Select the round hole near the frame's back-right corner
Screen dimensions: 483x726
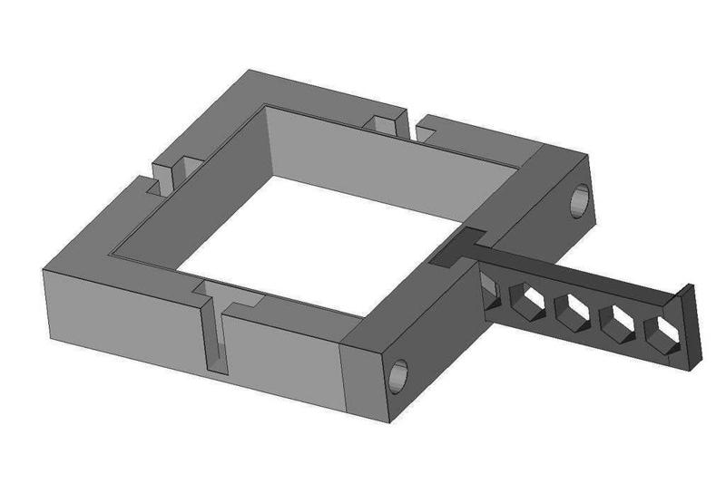pyautogui.click(x=578, y=201)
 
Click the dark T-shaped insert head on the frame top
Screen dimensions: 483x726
pyautogui.click(x=458, y=247)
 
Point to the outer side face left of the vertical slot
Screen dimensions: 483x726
pyautogui.click(x=123, y=308)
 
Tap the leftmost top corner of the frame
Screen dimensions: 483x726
pyautogui.click(x=44, y=268)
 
